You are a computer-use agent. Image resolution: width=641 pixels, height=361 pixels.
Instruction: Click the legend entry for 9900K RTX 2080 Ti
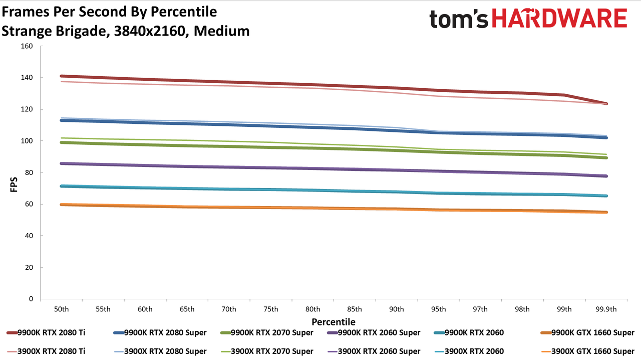coord(46,332)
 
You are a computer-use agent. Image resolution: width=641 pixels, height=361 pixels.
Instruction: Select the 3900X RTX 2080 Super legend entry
coord(160,351)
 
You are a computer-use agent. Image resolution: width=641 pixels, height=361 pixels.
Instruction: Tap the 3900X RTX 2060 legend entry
coord(469,351)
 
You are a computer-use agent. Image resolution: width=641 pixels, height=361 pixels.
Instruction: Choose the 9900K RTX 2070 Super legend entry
coord(267,332)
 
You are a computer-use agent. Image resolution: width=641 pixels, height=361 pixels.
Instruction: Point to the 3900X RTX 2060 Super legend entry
coord(374,351)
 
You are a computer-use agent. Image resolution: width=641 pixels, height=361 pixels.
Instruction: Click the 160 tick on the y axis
coord(27,46)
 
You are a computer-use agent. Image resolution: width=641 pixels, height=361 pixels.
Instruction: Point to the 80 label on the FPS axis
coord(29,172)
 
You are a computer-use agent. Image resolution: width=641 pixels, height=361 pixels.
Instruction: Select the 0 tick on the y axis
coord(31,299)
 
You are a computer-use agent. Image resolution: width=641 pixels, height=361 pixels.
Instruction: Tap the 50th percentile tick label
coord(61,309)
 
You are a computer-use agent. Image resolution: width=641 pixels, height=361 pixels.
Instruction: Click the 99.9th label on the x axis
coord(606,309)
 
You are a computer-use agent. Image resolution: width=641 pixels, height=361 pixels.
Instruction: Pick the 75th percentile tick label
coord(271,309)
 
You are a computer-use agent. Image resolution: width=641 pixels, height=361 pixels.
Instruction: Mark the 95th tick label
coord(438,309)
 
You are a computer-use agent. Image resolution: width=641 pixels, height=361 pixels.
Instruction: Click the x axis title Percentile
coord(334,322)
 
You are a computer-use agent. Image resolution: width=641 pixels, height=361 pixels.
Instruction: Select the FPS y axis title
coord(14,185)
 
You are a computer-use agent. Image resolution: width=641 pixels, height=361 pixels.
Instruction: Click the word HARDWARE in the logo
coord(559,18)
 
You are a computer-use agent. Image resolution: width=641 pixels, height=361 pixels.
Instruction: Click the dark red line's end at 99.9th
coord(606,104)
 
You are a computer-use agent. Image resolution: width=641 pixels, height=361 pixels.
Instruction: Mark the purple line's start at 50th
coord(61,163)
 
